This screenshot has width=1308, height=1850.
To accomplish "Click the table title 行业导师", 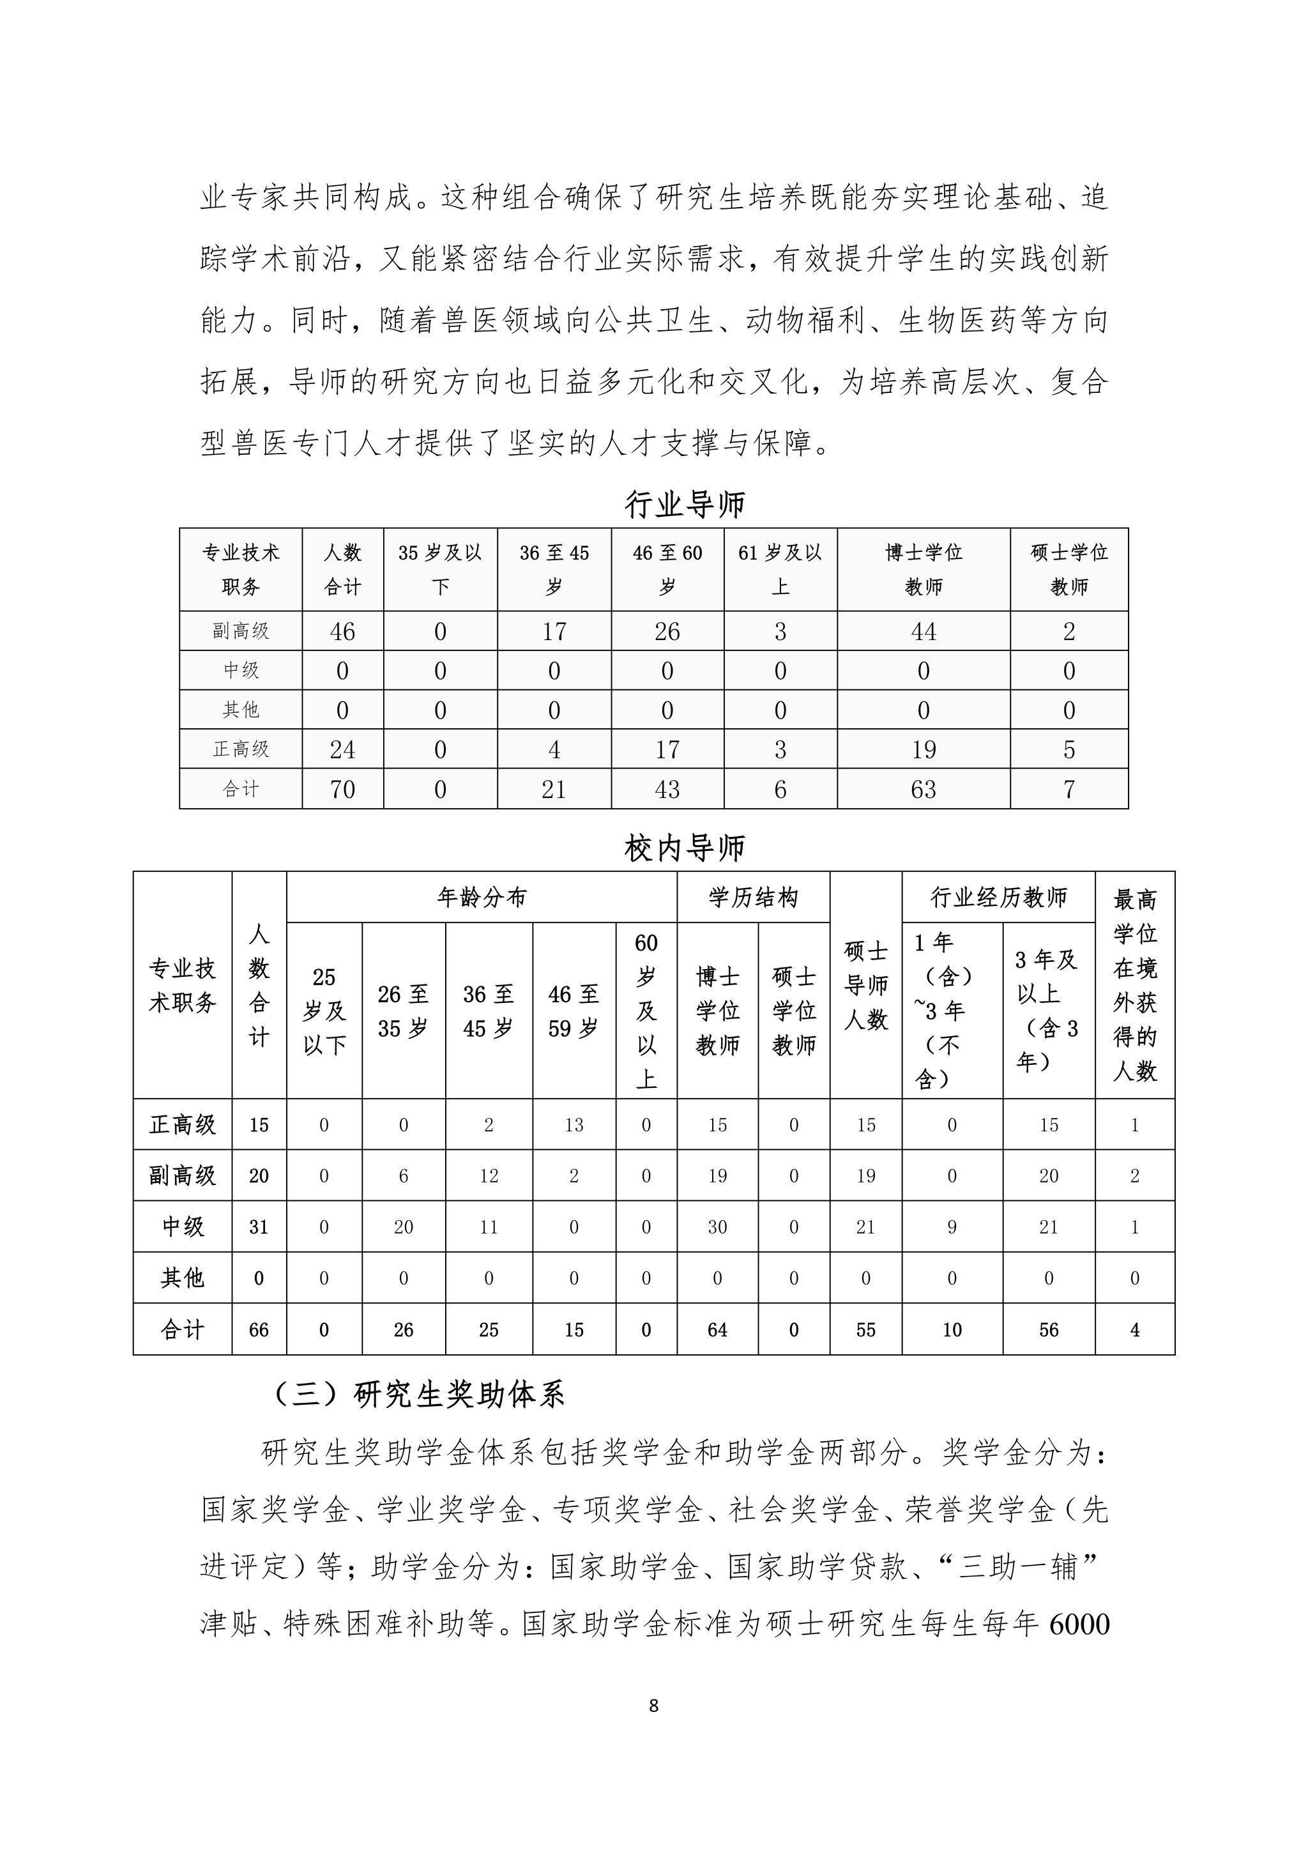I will pos(685,505).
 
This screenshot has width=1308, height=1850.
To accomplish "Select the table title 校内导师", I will pos(685,848).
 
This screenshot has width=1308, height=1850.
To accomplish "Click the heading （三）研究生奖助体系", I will pos(418,1394).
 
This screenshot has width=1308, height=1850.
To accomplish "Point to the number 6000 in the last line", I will pos(1080,1624).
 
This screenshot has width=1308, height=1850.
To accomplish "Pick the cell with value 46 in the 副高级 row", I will pos(342,631).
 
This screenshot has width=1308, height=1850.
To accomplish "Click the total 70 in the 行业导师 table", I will pos(342,789).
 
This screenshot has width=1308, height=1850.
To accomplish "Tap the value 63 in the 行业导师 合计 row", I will pos(923,789).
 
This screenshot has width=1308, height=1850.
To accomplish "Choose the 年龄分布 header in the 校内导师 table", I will pos(481,897).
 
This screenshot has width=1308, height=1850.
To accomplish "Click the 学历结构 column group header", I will pos(753,897).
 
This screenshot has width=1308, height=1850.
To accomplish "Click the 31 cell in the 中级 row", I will pos(259,1227).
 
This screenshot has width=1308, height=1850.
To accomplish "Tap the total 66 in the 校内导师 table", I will pos(259,1329).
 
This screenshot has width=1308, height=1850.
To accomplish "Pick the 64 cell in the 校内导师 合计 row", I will pos(717,1329).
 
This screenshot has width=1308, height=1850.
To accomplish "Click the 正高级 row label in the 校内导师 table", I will pos(183,1124).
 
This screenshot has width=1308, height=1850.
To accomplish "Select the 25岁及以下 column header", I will pos(324,1011).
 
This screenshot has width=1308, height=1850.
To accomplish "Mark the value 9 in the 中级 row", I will pos(952,1227).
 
